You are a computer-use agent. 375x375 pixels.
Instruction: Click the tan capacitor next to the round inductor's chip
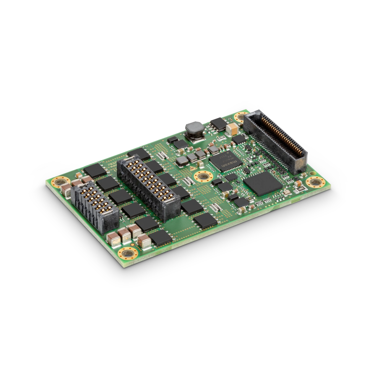232,128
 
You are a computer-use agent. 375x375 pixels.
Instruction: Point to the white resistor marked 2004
300,188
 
